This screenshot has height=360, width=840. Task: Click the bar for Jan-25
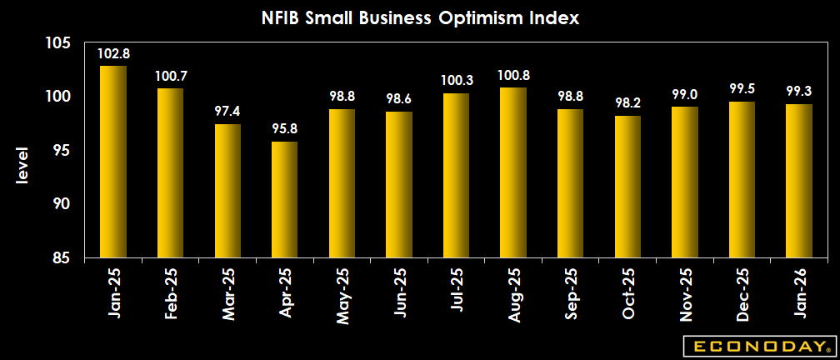[x=113, y=162]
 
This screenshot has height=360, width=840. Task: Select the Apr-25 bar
[x=284, y=200]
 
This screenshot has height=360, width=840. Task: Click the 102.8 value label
[x=113, y=54]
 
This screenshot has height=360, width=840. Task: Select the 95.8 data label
[x=284, y=130]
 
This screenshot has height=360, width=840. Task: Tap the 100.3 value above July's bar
[x=456, y=82]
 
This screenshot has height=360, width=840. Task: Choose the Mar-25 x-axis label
[x=228, y=292]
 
